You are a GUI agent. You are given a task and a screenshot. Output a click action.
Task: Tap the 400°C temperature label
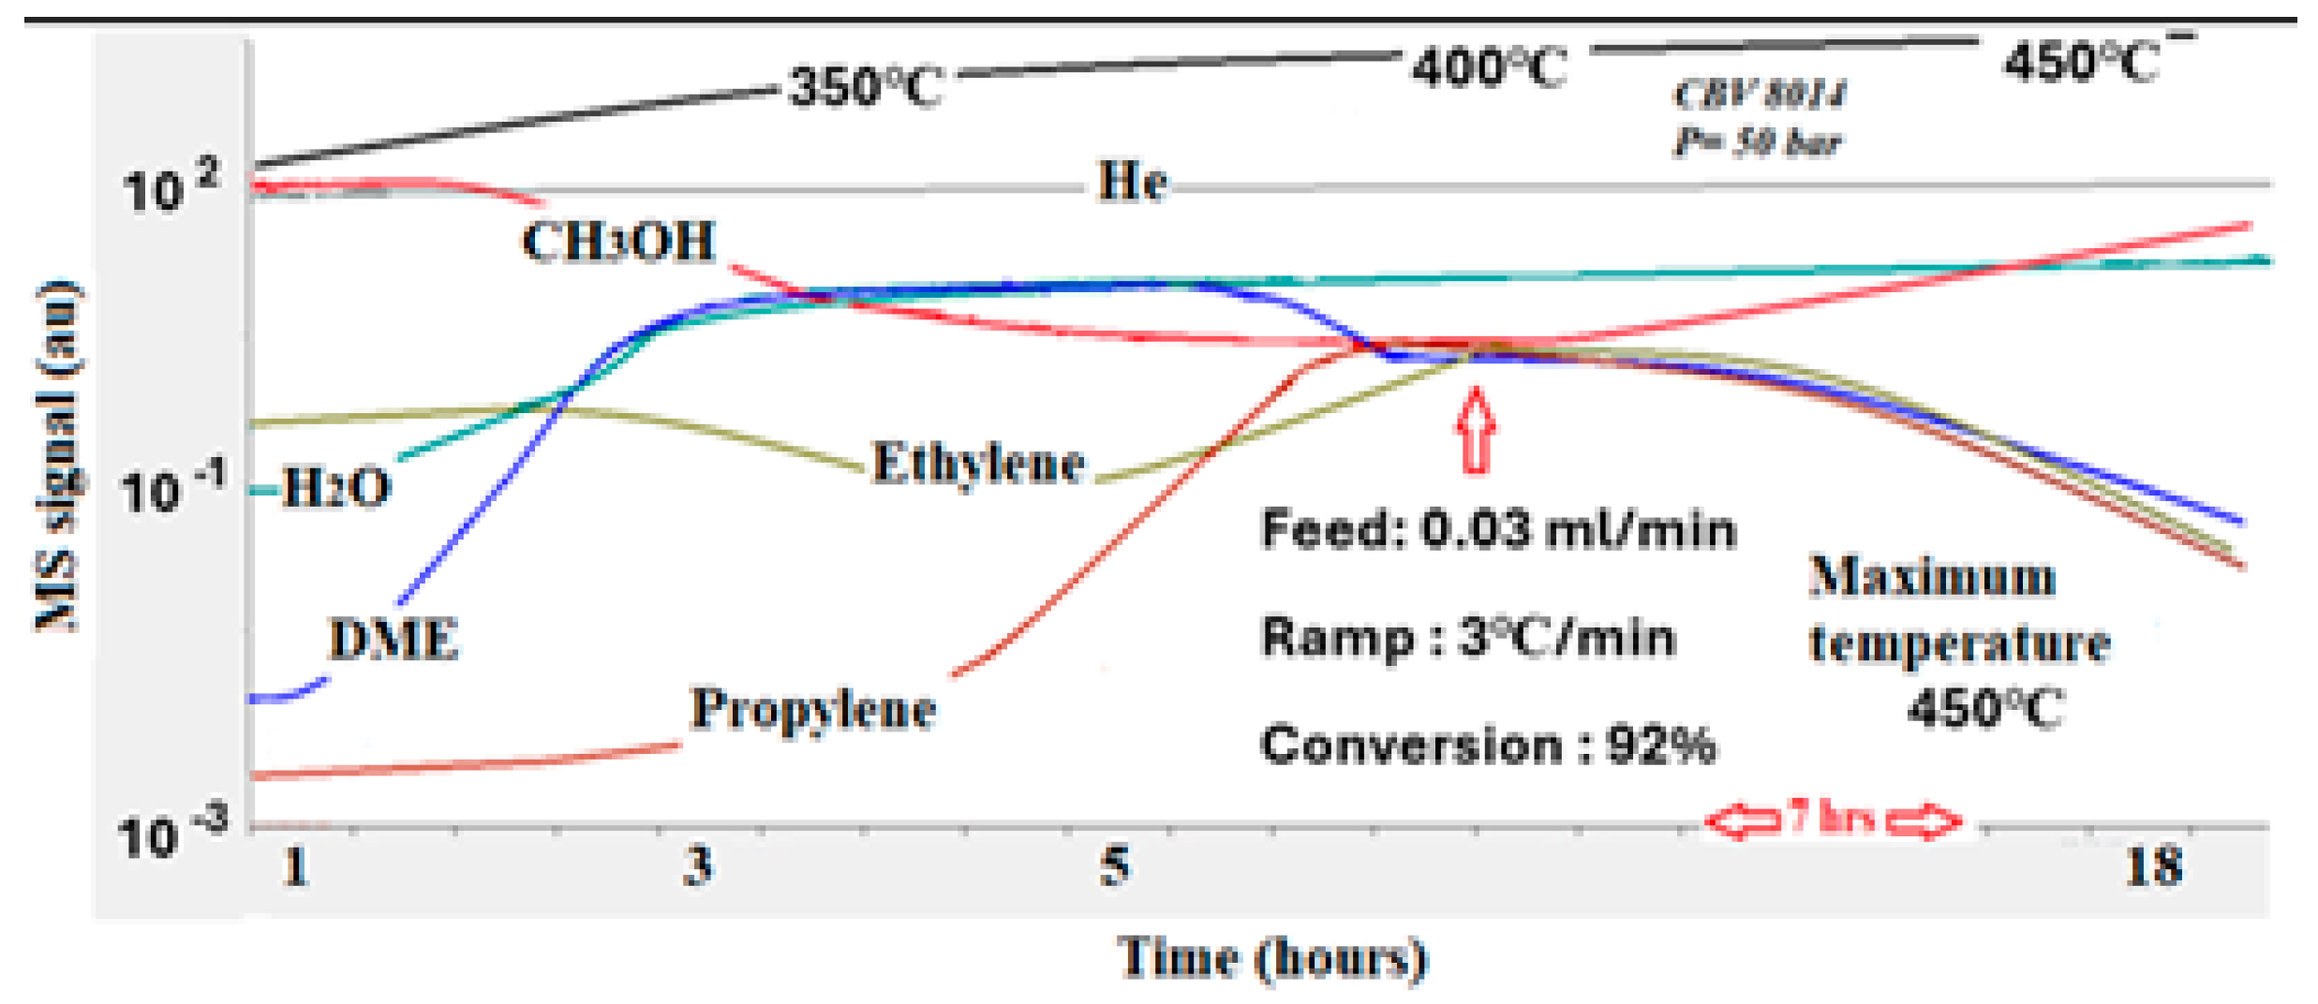(1489, 68)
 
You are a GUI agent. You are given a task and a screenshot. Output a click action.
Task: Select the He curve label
(1132, 182)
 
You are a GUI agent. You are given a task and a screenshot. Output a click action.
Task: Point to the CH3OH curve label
(619, 242)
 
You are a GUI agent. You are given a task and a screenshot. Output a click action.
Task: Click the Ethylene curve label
(978, 464)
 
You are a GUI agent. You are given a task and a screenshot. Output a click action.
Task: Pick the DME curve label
(394, 641)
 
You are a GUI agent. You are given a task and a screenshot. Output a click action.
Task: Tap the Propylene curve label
(813, 709)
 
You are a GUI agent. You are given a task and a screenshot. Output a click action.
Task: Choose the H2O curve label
(335, 488)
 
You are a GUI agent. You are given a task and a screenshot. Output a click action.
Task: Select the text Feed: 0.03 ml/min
(1498, 530)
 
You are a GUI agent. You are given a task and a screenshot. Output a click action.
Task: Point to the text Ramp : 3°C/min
(1468, 639)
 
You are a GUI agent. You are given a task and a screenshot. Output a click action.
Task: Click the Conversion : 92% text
(1488, 746)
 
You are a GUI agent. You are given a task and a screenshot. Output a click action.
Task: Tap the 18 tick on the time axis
(2154, 865)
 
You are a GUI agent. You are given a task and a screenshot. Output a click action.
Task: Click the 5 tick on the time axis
(1114, 865)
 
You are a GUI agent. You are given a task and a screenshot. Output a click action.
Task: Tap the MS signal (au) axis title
(58, 456)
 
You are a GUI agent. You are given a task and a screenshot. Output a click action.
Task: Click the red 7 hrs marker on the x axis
(1832, 819)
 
